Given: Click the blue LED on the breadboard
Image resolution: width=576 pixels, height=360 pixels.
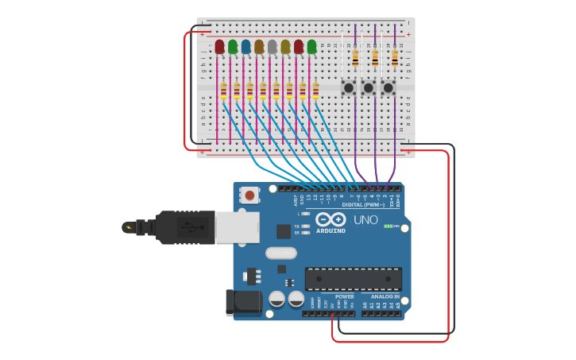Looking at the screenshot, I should pos(245,47).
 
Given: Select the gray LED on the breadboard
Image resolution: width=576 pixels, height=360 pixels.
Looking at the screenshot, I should pos(272,47).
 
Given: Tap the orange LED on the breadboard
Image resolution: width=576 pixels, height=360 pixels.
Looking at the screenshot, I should pos(259,47).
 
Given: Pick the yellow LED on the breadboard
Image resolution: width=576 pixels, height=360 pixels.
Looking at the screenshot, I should pos(285,47).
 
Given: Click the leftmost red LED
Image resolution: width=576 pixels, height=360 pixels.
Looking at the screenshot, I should pos(219,47).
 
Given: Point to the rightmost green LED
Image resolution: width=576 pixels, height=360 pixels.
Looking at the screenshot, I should pos(311,47).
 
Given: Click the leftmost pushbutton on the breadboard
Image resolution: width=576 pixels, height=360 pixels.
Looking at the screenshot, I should pos(349,87).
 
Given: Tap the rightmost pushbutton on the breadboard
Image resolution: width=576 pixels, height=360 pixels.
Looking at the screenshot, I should pos(389,87).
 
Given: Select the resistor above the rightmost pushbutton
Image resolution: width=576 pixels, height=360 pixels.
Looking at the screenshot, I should pos(395,57).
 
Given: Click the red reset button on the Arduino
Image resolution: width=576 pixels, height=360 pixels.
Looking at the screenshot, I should pos(250,195).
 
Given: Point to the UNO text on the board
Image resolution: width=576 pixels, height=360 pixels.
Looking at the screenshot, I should pos(365,220).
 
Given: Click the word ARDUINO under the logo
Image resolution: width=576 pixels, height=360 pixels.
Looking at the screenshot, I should pos(331,231).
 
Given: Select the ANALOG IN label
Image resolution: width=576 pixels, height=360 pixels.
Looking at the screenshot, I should pos(385,296).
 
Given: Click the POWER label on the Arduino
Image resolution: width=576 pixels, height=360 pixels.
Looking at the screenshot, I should pos(344,296).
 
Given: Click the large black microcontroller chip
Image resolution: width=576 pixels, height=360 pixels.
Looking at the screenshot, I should pos(353,278).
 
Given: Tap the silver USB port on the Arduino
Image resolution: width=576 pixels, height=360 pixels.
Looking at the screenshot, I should pos(238,226).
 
